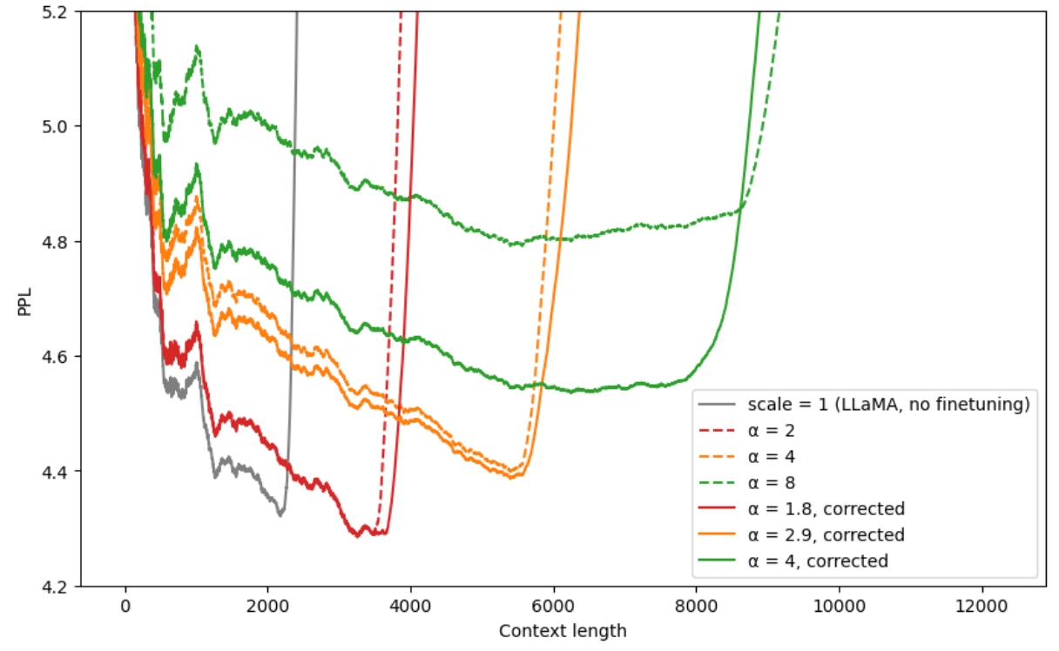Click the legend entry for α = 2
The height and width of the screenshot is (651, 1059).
(x=770, y=430)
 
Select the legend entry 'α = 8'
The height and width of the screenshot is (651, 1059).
(x=770, y=482)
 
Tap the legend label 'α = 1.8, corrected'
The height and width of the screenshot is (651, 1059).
(x=826, y=508)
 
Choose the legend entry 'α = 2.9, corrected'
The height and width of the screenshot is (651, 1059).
(x=826, y=534)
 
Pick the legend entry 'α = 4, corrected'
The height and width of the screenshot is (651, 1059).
(x=817, y=561)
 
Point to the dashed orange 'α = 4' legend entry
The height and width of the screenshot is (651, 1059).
(x=770, y=456)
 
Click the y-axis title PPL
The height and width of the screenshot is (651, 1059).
(x=25, y=298)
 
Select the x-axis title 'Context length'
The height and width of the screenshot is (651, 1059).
(x=563, y=631)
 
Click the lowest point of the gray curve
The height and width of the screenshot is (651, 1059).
(x=280, y=515)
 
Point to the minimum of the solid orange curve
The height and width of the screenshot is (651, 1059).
(x=511, y=478)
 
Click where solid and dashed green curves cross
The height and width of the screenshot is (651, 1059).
(x=740, y=209)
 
